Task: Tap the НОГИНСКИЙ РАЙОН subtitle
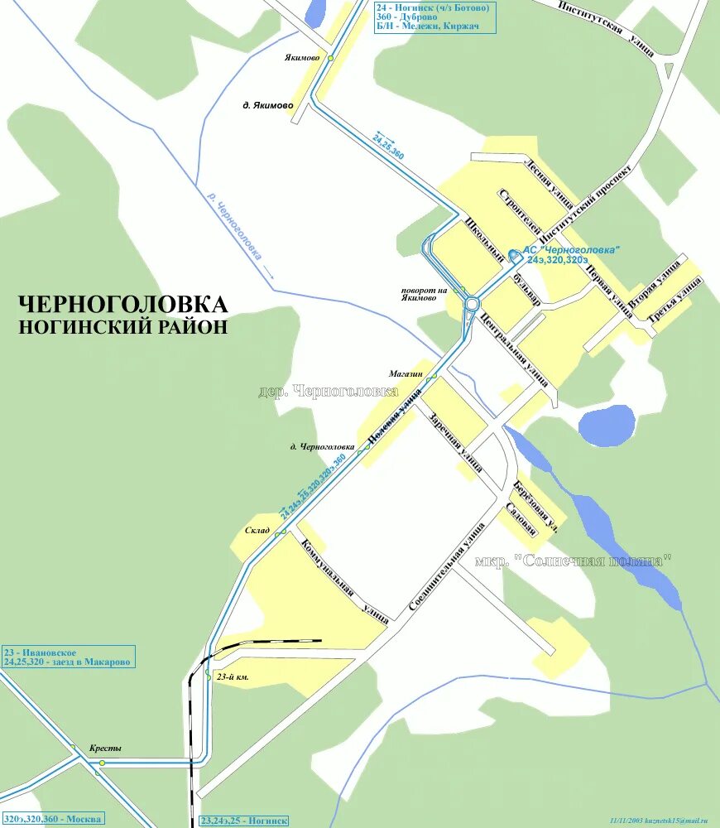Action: (x=122, y=326)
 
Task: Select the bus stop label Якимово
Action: (x=302, y=58)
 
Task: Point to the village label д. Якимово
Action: (x=267, y=106)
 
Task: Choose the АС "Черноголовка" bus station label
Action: (x=571, y=251)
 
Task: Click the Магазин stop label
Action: (x=406, y=374)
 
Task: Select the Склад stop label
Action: (x=257, y=531)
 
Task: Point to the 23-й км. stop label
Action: (x=233, y=677)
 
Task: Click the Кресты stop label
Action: (x=105, y=749)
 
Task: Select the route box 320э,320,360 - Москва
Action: (x=52, y=819)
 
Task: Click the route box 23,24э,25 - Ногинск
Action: (x=244, y=821)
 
